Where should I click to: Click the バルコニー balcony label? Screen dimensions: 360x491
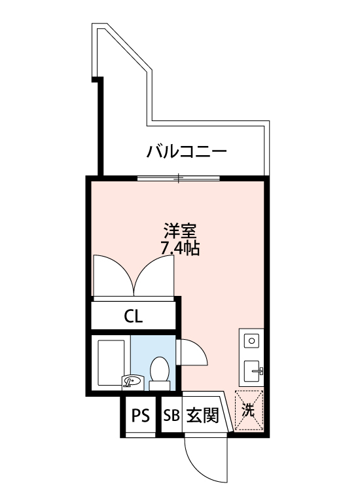tap(187, 152)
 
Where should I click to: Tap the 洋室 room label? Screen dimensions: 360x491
tap(180, 231)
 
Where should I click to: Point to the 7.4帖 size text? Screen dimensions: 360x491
tap(180, 248)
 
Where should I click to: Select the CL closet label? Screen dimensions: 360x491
tap(134, 316)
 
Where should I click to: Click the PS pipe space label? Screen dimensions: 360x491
tap(140, 416)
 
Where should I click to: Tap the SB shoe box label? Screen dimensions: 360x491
tap(171, 416)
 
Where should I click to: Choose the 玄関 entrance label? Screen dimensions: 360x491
tap(202, 416)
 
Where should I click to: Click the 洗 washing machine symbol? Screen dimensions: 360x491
tap(249, 410)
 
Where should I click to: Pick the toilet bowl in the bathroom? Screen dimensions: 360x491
tap(160, 369)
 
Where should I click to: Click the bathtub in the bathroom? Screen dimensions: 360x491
tap(111, 363)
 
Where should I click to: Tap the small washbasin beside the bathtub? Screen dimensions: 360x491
tap(133, 382)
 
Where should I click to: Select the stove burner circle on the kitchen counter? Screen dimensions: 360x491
tap(251, 340)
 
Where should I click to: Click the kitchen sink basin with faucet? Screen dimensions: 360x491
tap(252, 371)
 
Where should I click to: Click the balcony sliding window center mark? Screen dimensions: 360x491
tap(179, 178)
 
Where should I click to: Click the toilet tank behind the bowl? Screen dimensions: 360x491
tap(160, 386)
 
